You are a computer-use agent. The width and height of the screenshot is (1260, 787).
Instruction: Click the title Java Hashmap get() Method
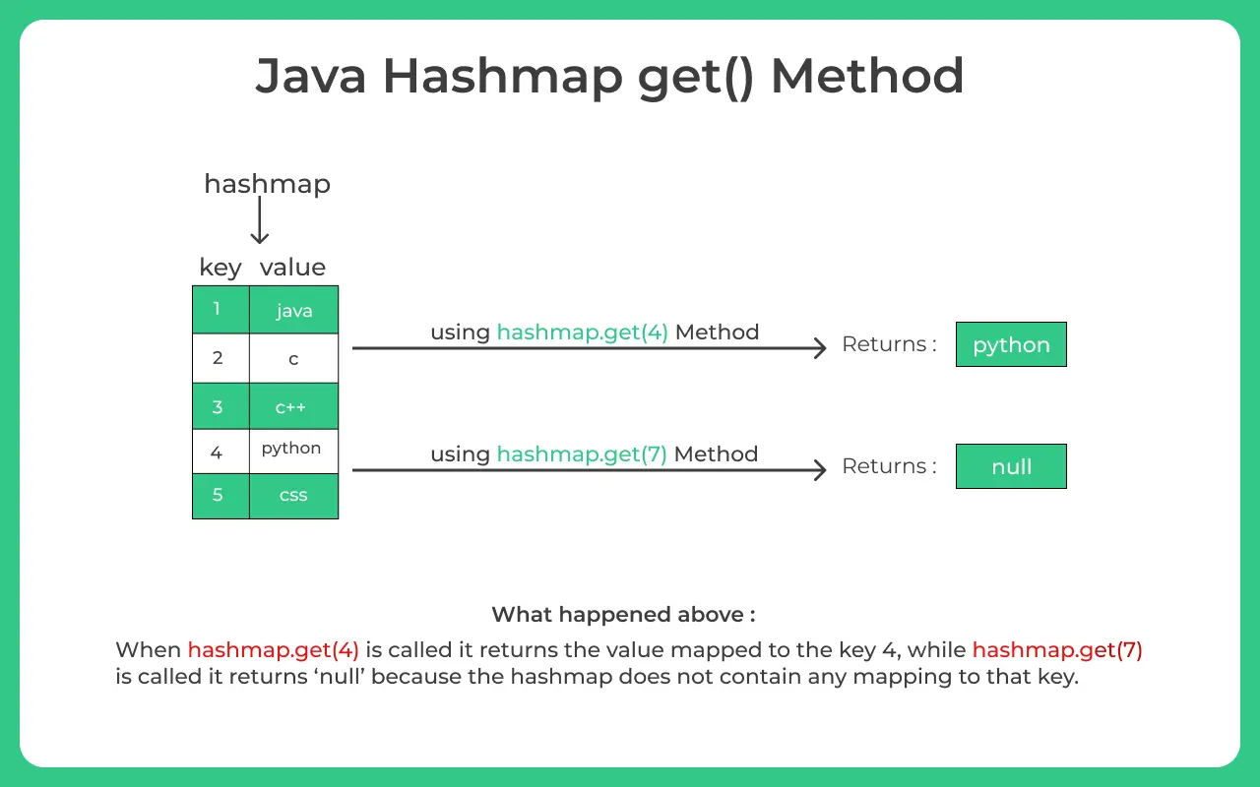tap(609, 77)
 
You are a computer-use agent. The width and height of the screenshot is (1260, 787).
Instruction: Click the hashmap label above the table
tap(267, 184)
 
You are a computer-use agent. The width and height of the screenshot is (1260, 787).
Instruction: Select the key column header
tap(220, 268)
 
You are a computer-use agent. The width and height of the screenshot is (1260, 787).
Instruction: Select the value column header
tap(292, 268)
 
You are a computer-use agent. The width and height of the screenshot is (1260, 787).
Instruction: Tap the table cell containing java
tap(293, 311)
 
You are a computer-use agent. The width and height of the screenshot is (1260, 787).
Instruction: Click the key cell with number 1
tap(220, 310)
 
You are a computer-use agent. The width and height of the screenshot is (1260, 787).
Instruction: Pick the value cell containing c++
tap(293, 406)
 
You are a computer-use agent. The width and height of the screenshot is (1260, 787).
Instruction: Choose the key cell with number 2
tap(220, 358)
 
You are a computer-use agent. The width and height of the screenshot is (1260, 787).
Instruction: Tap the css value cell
tap(293, 495)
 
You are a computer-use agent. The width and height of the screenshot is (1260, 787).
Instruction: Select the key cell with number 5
tap(220, 495)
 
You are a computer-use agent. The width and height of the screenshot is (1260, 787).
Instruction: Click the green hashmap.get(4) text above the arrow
tap(582, 333)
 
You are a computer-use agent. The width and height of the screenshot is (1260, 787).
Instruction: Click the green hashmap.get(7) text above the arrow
tap(582, 454)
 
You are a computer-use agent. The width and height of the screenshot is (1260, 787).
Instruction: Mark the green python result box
tap(1011, 344)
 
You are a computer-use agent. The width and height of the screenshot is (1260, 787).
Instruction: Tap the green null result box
tap(1011, 466)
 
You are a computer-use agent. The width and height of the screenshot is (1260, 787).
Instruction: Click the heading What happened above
tap(623, 615)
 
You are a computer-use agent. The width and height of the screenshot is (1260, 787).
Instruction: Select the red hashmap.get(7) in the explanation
tap(1057, 650)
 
